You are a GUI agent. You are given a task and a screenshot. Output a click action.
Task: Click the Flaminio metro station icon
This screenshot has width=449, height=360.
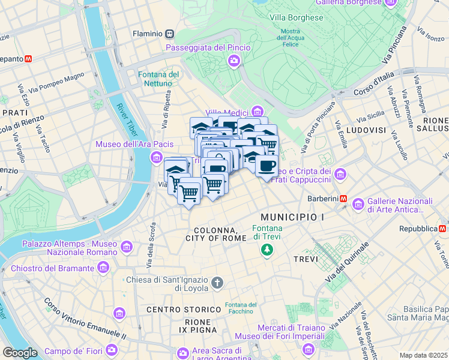170,34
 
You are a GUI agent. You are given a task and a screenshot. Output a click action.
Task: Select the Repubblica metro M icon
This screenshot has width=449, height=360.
442,229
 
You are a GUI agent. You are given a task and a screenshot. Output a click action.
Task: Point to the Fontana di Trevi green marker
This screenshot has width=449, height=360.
268,249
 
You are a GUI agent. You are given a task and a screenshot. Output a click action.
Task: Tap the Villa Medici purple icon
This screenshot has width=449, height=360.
258,111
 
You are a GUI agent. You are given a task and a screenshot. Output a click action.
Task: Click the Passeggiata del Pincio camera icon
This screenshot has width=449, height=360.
233,60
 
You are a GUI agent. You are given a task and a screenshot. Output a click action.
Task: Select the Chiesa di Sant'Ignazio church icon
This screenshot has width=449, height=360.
217,281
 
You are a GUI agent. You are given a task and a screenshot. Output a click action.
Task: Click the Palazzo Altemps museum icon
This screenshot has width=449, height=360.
127,247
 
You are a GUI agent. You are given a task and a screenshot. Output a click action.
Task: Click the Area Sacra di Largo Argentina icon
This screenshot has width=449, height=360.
183,352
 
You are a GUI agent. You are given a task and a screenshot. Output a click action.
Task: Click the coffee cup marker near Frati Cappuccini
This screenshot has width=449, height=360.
267,167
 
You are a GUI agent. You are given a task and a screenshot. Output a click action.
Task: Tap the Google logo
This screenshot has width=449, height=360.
20,353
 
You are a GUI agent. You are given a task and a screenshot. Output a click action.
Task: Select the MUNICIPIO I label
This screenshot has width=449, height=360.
292,216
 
